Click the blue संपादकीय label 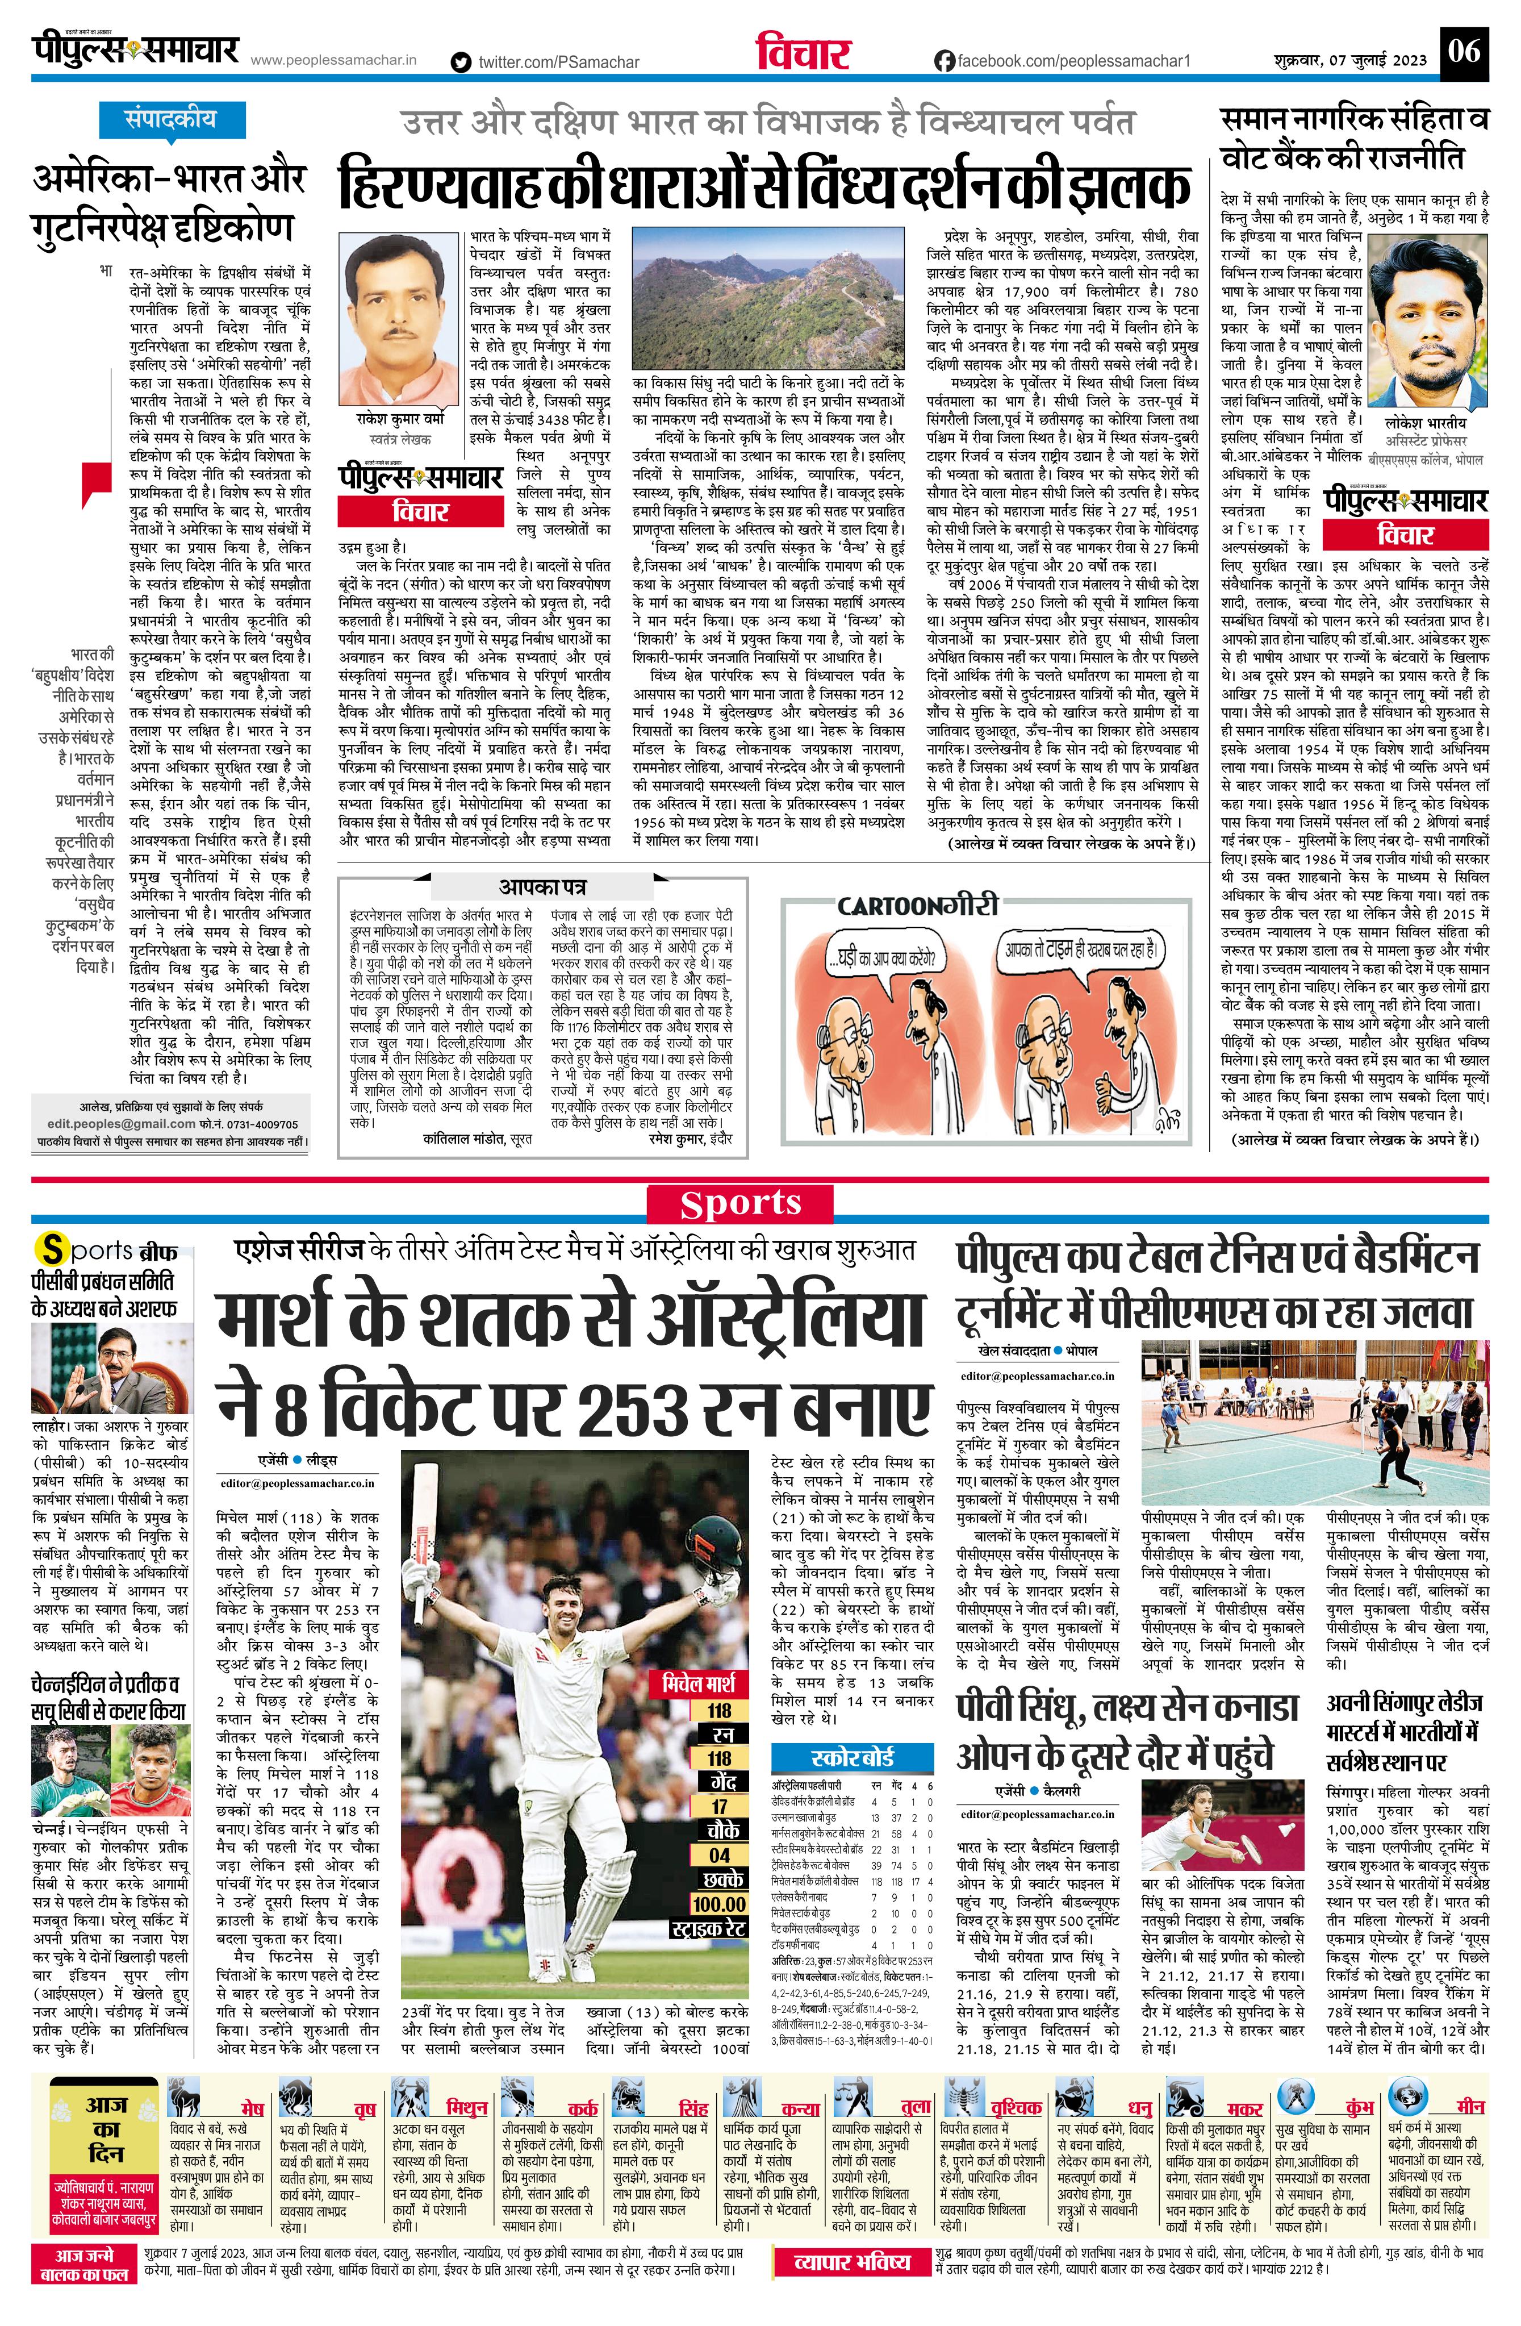[156, 120]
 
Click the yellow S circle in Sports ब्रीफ [50, 1250]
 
